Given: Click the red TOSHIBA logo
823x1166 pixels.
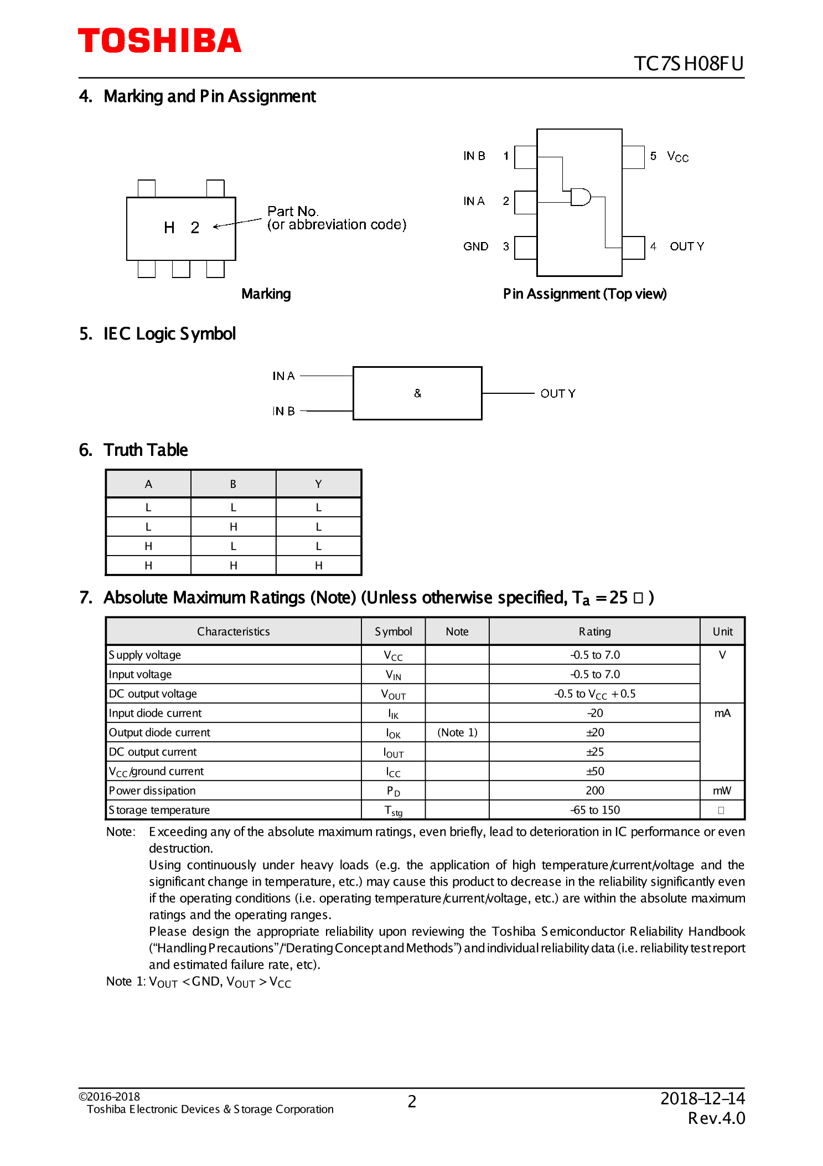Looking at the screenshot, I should (159, 41).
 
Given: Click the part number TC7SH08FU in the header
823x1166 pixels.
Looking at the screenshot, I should (688, 64).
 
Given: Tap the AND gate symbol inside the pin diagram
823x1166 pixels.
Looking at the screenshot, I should (580, 197).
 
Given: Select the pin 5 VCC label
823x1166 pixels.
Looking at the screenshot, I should (670, 156).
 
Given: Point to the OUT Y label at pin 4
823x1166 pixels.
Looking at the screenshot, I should (686, 246).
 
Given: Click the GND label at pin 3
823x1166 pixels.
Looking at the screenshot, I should (475, 246).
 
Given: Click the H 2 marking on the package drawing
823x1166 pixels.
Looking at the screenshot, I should (182, 227).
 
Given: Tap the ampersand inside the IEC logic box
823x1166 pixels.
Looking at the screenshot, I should (417, 393).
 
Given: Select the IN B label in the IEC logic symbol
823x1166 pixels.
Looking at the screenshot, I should (283, 411).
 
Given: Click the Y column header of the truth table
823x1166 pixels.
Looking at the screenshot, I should (318, 484).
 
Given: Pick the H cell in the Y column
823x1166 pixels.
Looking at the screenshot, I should (318, 566).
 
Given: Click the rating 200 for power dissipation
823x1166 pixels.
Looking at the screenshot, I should (594, 790).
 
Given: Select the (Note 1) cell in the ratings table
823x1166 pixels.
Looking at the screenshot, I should (457, 732).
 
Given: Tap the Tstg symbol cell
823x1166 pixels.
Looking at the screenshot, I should (394, 810).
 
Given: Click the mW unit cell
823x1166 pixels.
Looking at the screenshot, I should (722, 790).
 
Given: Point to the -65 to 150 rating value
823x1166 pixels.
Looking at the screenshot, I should (594, 810).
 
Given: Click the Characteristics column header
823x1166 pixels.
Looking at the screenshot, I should (233, 631).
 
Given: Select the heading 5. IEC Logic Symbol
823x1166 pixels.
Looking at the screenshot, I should (158, 334).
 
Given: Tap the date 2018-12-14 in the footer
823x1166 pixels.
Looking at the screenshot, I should (702, 1098).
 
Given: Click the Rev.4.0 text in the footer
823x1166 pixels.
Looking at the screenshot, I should (716, 1118).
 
